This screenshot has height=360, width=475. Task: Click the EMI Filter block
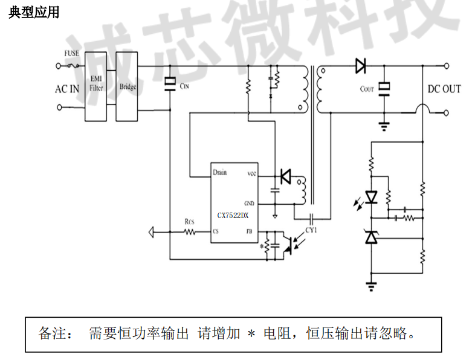pyautogui.click(x=96, y=85)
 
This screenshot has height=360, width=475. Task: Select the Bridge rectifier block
pyautogui.click(x=128, y=86)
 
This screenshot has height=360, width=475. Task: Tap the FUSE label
pyautogui.click(x=72, y=53)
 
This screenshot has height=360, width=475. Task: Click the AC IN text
pyautogui.click(x=67, y=89)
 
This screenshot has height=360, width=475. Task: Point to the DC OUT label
pyautogui.click(x=444, y=89)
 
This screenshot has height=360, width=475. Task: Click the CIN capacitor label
pyautogui.click(x=184, y=86)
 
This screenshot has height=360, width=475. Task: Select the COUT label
pyautogui.click(x=367, y=89)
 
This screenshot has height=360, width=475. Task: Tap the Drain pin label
pyautogui.click(x=220, y=172)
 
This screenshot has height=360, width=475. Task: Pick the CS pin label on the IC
pyautogui.click(x=216, y=231)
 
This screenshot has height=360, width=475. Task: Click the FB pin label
pyautogui.click(x=248, y=231)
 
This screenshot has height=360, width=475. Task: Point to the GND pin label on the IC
pyautogui.click(x=250, y=203)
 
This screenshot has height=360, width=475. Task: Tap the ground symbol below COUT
pyautogui.click(x=383, y=126)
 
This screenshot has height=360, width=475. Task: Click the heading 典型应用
pyautogui.click(x=34, y=13)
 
